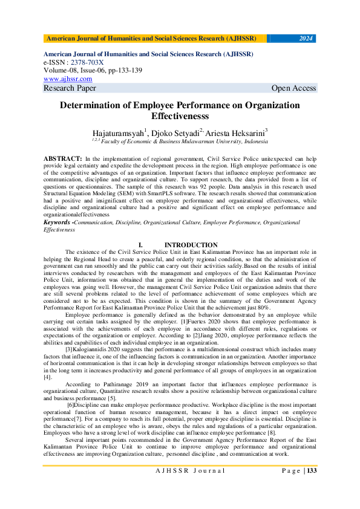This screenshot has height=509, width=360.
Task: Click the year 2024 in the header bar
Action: (x=306, y=39)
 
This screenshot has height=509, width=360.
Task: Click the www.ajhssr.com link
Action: (x=68, y=79)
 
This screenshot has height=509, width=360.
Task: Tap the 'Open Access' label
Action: (x=293, y=88)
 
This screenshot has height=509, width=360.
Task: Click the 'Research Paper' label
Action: (x=70, y=88)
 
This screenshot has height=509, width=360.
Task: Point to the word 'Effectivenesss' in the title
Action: (x=180, y=115)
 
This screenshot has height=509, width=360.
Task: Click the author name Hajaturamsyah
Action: (x=118, y=132)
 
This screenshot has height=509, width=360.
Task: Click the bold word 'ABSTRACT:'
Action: (x=63, y=158)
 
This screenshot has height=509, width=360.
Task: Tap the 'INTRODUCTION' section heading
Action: (x=191, y=245)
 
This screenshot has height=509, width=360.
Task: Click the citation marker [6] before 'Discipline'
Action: (x=72, y=403)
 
